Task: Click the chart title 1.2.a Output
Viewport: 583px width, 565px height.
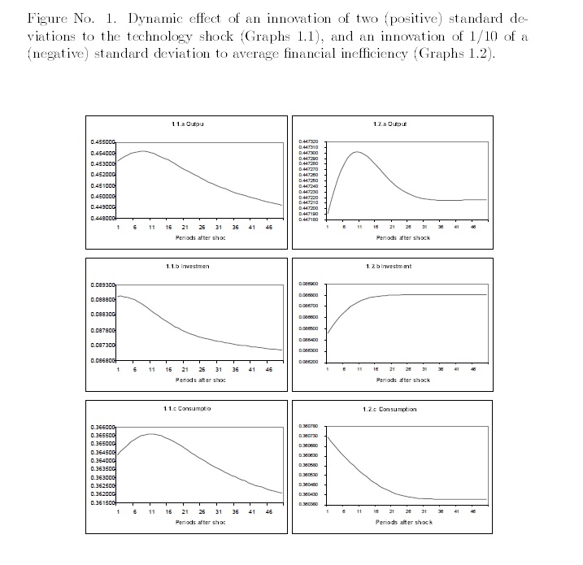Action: pos(392,124)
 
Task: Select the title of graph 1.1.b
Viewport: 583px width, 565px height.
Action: pos(187,266)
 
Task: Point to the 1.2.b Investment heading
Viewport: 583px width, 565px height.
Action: pos(389,267)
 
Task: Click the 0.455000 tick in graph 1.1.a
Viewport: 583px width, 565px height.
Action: pos(104,142)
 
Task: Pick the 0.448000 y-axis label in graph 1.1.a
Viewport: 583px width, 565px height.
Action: pos(104,219)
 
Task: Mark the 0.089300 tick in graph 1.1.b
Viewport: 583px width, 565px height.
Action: pos(104,285)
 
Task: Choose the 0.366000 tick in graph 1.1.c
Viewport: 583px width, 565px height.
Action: pos(104,427)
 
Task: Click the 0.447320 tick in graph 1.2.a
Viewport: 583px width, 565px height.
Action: pos(309,142)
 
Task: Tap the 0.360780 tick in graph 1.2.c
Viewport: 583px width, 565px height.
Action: pos(309,427)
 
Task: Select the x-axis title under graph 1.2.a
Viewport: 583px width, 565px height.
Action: pos(403,238)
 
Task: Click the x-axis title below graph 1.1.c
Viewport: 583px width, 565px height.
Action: pos(200,522)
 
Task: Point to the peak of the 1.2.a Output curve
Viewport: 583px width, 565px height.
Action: pos(358,152)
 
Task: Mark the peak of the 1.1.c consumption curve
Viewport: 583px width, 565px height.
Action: pos(150,434)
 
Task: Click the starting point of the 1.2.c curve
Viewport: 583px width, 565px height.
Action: pos(328,437)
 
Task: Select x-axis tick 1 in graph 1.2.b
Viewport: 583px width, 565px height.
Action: pos(327,370)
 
